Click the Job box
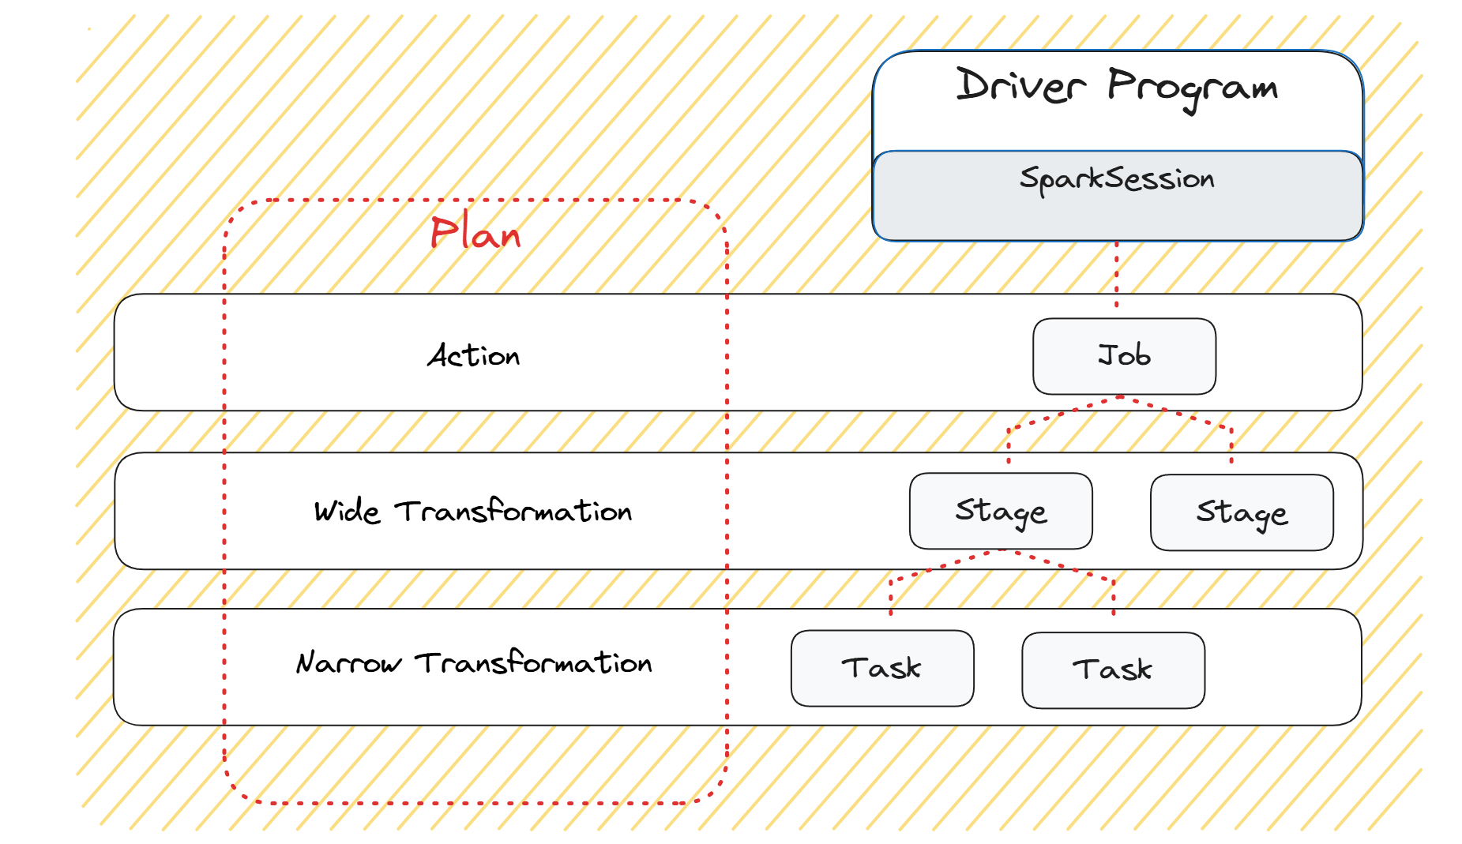(x=1124, y=356)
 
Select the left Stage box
(x=1001, y=511)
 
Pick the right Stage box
(x=1242, y=512)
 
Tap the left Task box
(x=882, y=668)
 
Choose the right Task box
(x=1113, y=670)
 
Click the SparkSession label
(x=1117, y=179)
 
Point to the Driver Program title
(x=1117, y=88)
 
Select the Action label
(x=474, y=356)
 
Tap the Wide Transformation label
(x=473, y=511)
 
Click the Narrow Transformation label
(x=474, y=662)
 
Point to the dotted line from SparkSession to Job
(x=1116, y=274)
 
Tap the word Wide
(x=347, y=511)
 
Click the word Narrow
(x=348, y=663)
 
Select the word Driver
(x=1020, y=84)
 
